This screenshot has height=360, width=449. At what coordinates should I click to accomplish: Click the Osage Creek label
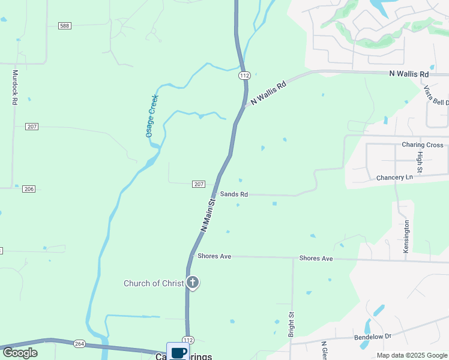point(152,116)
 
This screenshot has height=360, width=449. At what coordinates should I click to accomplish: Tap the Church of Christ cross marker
point(193,281)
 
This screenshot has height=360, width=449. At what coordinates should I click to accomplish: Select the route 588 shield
point(65,25)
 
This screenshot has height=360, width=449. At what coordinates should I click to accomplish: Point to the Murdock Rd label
point(15,88)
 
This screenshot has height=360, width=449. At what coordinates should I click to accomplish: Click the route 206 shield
point(29,189)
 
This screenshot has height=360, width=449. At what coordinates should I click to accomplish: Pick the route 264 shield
point(79,344)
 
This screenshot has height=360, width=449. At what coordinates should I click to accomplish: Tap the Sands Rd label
point(234,194)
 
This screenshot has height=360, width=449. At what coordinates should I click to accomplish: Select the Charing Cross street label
point(423,145)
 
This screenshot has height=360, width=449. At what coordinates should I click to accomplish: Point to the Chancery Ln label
point(395,178)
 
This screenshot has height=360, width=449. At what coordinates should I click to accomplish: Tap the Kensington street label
point(406,236)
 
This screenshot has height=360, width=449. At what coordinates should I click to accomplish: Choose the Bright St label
point(292,324)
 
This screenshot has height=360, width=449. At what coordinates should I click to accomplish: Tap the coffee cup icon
point(177,352)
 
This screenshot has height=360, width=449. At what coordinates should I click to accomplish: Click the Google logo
point(20,353)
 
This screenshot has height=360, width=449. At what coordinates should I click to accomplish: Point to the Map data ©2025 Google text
point(412,355)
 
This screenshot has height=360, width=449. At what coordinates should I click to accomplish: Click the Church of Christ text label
point(153,283)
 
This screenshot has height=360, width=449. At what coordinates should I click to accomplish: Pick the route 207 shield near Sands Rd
point(199,184)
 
